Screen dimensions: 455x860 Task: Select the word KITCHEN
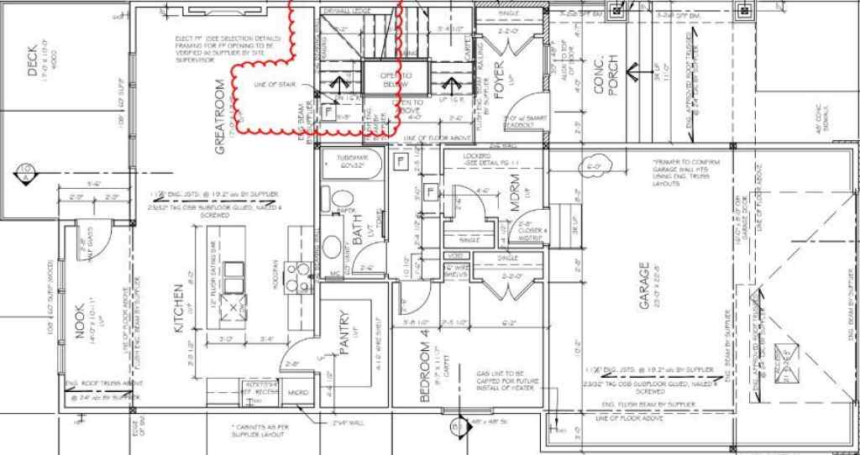pos(178,310)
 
